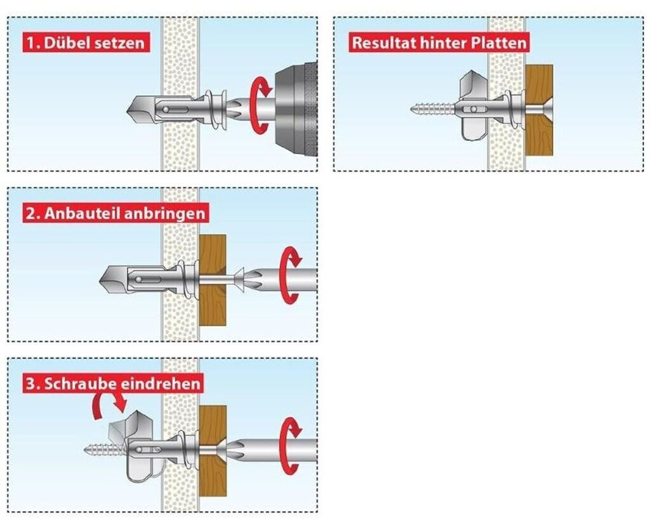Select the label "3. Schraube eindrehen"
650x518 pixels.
coord(113,383)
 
